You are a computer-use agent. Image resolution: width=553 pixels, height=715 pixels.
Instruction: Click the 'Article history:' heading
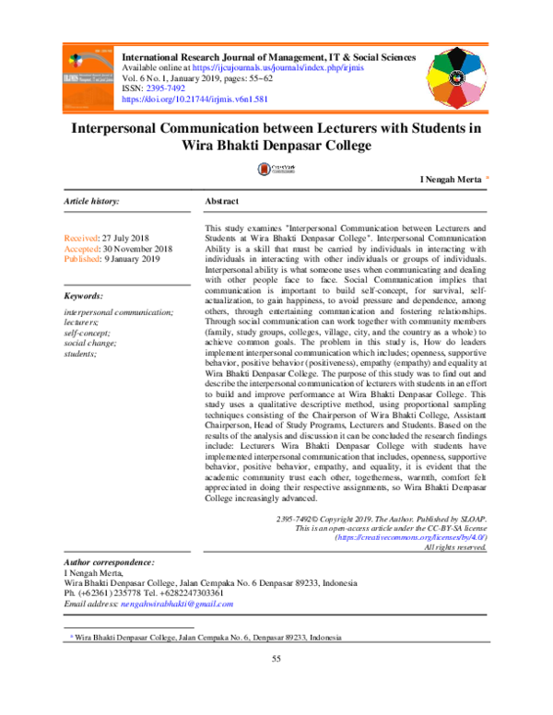(x=90, y=201)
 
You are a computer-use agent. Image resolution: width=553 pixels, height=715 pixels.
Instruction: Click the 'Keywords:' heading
(x=83, y=296)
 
